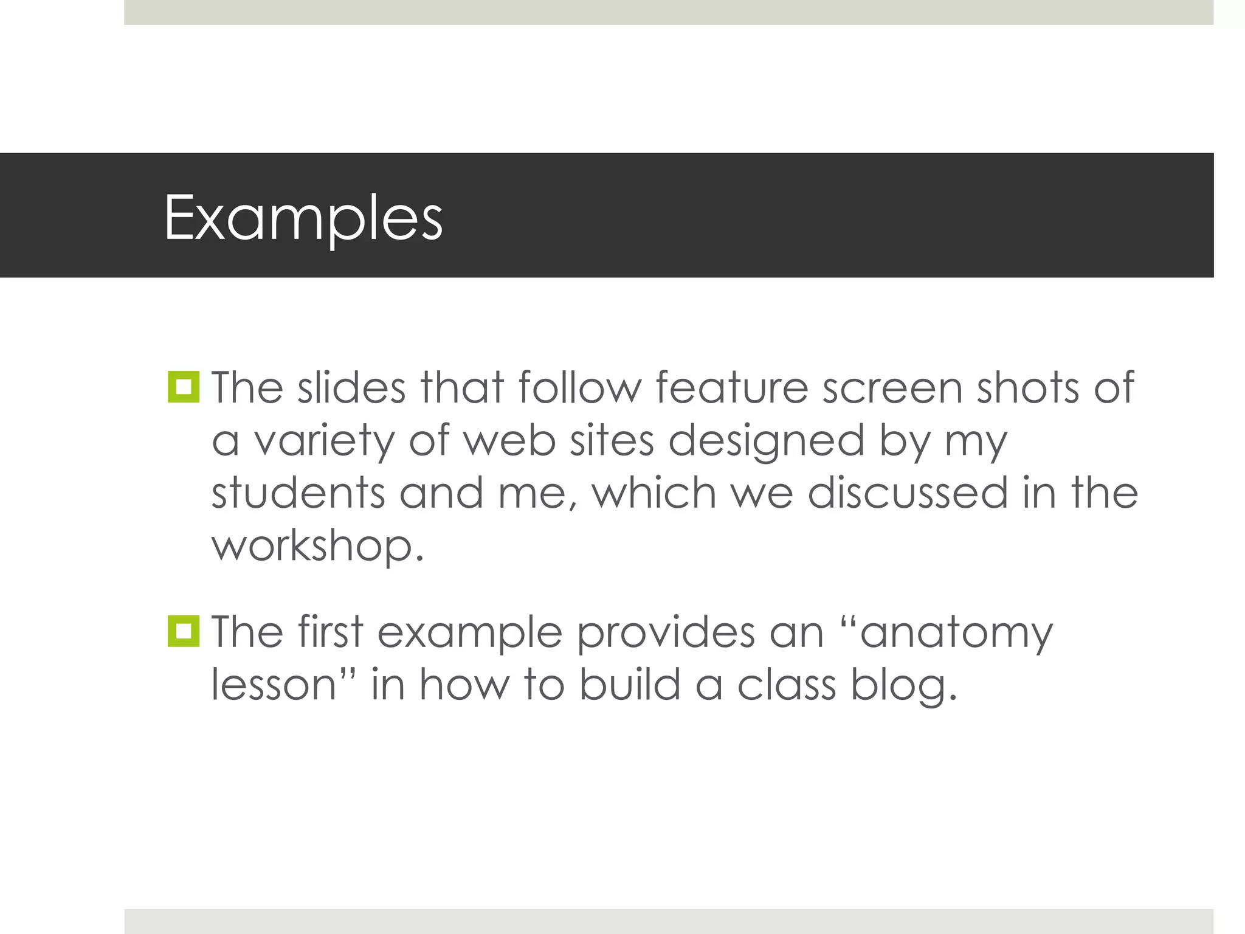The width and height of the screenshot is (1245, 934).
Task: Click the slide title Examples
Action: (x=303, y=218)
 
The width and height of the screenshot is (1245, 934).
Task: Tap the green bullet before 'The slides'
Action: (x=184, y=387)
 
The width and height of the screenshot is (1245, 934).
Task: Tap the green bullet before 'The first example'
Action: (x=184, y=631)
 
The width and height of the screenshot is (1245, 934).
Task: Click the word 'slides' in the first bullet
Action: (x=351, y=387)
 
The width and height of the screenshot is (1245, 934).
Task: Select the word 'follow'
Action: (x=580, y=387)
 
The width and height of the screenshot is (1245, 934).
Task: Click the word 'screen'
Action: (x=892, y=389)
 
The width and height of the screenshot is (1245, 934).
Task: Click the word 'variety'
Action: (x=324, y=441)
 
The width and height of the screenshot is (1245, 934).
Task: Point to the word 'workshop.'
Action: (x=317, y=546)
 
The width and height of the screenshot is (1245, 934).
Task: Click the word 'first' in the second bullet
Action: (x=331, y=632)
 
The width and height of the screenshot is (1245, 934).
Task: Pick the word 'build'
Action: (x=629, y=685)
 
